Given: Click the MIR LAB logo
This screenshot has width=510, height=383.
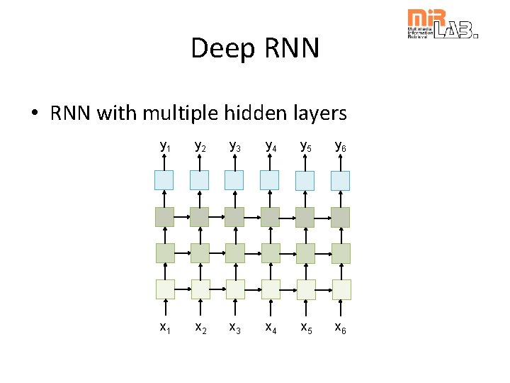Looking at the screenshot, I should tap(441, 24).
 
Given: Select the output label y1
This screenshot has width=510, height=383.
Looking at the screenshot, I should tap(164, 146).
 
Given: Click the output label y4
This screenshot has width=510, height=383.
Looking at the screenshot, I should tap(271, 146).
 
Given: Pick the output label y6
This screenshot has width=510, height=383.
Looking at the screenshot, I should tap(341, 146).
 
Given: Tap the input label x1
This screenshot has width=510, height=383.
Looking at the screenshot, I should tap(164, 327).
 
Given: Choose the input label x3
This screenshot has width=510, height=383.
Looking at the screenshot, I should tap(235, 327).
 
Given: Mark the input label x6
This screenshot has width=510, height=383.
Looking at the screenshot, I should tap(341, 327).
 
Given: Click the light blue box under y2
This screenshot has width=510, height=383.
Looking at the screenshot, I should tap(199, 180).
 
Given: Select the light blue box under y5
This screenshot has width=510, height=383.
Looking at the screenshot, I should tap(305, 180).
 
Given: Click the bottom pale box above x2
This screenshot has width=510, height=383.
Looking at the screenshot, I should tap(200, 289).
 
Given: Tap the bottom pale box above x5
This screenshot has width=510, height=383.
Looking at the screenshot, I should tap(306, 289).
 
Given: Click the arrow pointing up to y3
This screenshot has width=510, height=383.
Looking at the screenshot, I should tap(234, 162).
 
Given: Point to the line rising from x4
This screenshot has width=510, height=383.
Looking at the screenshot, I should tap(271, 309).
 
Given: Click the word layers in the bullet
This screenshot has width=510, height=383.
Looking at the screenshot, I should tap(322, 113).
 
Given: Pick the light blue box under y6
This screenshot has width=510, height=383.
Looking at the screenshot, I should tap(341, 180).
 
